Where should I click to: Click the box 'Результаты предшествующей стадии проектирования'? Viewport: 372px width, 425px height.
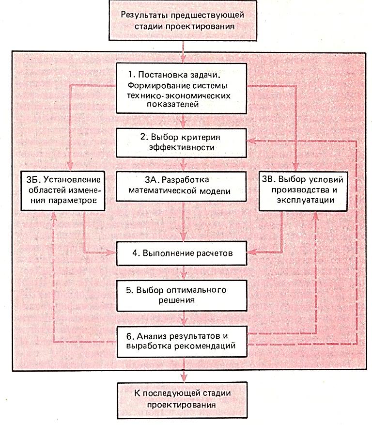(183, 20)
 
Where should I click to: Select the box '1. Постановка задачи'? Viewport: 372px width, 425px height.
(183, 89)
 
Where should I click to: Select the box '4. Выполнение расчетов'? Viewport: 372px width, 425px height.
(183, 253)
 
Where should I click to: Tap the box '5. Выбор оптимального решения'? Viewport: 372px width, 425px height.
(183, 295)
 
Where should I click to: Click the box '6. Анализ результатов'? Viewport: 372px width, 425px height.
(183, 340)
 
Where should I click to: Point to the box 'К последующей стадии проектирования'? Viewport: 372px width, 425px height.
(183, 398)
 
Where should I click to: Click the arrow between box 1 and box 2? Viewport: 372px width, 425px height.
(183, 121)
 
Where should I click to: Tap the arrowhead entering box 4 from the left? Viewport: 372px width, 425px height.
(112, 252)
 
